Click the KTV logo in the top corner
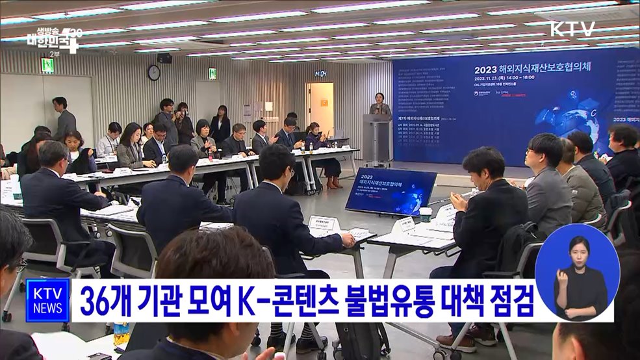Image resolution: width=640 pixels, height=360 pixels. pos(572,29)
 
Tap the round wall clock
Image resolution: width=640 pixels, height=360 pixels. pos(154,73)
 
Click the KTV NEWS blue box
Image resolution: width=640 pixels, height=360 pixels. pos(47,300)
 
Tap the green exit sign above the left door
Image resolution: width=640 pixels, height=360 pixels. pos(47,65)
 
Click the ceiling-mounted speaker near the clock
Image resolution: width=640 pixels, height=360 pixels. pos(165,58)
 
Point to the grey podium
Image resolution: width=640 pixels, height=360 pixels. pos(378,140)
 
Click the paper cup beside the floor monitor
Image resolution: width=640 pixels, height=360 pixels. pos(426,214)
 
